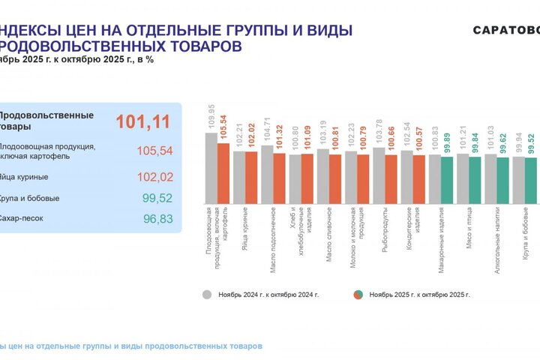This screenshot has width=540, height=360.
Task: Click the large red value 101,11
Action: [142, 121]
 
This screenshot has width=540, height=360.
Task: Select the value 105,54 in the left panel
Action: [154, 151]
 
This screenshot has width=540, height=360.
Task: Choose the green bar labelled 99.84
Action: [475, 180]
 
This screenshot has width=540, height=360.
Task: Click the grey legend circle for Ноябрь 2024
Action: [207, 295]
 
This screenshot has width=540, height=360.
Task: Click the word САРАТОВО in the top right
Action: [505, 30]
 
